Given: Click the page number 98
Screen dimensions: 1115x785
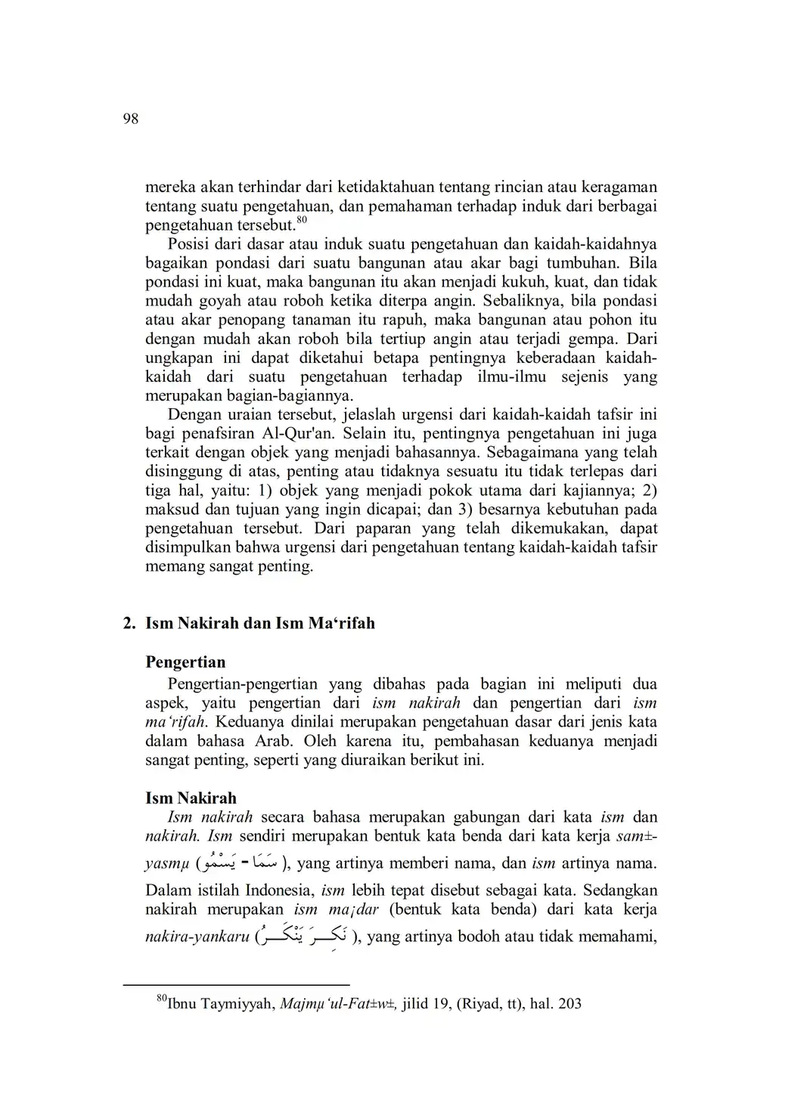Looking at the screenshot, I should [x=130, y=119].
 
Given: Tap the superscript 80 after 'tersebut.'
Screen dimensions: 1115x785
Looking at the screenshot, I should [x=302, y=221].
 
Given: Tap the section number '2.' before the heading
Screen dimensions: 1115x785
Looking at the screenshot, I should [x=129, y=624].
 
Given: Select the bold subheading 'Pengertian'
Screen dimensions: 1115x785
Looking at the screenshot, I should [x=185, y=662].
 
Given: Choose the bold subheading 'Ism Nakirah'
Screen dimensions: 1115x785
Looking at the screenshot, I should [x=191, y=798].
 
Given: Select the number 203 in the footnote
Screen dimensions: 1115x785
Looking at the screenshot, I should [x=568, y=1005].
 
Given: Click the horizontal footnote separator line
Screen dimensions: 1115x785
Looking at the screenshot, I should [x=236, y=985].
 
